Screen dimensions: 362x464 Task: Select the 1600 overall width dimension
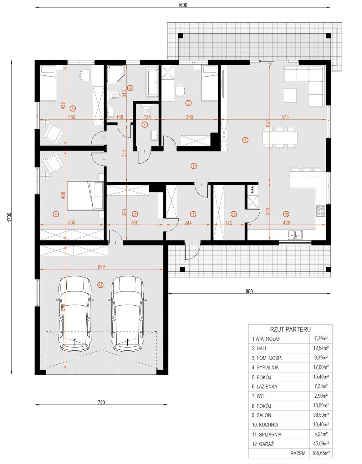(183, 5)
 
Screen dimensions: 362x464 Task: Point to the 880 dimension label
(249, 291)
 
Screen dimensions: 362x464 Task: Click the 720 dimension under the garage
(101, 403)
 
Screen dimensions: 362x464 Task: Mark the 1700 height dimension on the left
(9, 217)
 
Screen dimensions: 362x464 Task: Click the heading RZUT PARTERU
(290, 329)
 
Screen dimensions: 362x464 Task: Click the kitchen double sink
(295, 234)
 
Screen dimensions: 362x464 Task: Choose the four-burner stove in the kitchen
(320, 211)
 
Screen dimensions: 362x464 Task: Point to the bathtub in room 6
(152, 82)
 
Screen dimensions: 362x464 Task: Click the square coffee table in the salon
(290, 95)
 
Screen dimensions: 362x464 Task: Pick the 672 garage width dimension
(101, 267)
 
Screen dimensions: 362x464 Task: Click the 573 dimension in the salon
(285, 117)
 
